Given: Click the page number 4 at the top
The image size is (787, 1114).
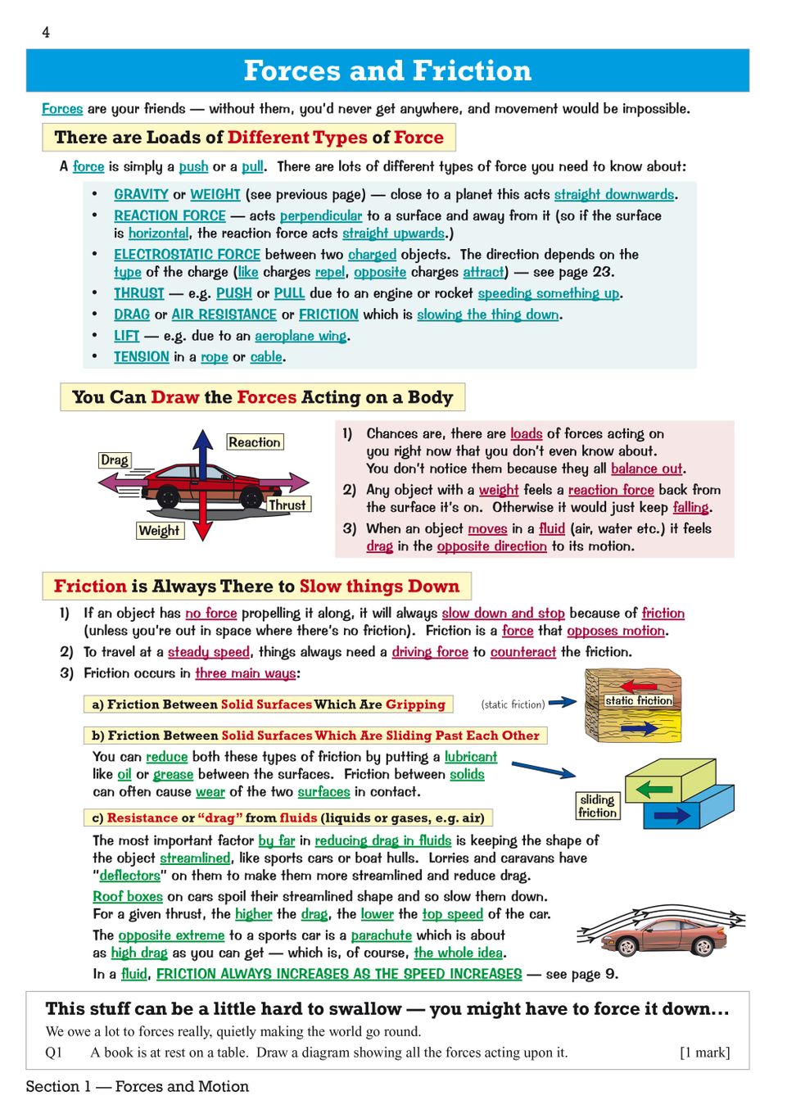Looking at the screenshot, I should pos(46,32).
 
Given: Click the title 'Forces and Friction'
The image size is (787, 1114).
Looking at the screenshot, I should pos(387,70).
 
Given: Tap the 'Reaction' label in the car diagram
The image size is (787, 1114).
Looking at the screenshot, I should pos(255,442).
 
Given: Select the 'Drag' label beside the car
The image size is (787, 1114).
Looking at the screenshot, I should pos(115,460).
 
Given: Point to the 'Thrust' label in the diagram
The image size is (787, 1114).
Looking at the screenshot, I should pos(287,505).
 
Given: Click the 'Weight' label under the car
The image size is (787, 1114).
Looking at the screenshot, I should pos(159,531).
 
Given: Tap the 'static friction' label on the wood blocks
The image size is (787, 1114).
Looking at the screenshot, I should pos(639,700).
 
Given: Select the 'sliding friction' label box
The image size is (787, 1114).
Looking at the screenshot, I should pos(597,806).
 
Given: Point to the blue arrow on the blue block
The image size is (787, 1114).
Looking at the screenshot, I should pos(672,815).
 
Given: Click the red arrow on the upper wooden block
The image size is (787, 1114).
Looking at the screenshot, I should pos(639,686).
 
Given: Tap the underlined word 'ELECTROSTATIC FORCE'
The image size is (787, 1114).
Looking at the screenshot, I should pos(187,255).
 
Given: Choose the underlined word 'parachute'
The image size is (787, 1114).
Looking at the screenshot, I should pos(381,935).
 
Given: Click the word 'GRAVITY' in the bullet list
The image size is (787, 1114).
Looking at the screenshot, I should pos(141,194).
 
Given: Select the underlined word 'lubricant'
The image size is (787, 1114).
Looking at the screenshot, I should pos(471,757).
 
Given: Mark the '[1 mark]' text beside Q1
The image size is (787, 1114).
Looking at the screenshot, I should pos(704,1053).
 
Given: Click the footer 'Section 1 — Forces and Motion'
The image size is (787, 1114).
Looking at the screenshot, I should pos(138,1086).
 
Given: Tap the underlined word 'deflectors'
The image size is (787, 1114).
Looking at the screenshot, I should pos(129,876).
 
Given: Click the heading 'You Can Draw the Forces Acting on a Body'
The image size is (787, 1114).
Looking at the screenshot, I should pos(262,397).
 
